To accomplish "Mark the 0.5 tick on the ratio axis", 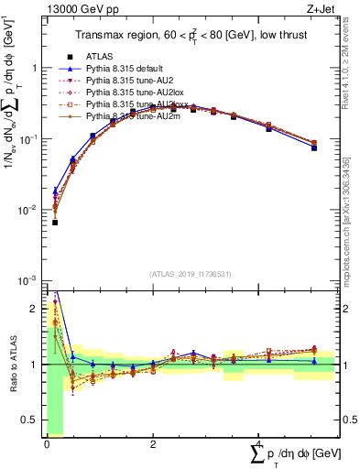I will coord(32,420).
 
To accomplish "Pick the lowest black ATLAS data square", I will coord(55,223).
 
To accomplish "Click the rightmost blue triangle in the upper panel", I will coord(314,147).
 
